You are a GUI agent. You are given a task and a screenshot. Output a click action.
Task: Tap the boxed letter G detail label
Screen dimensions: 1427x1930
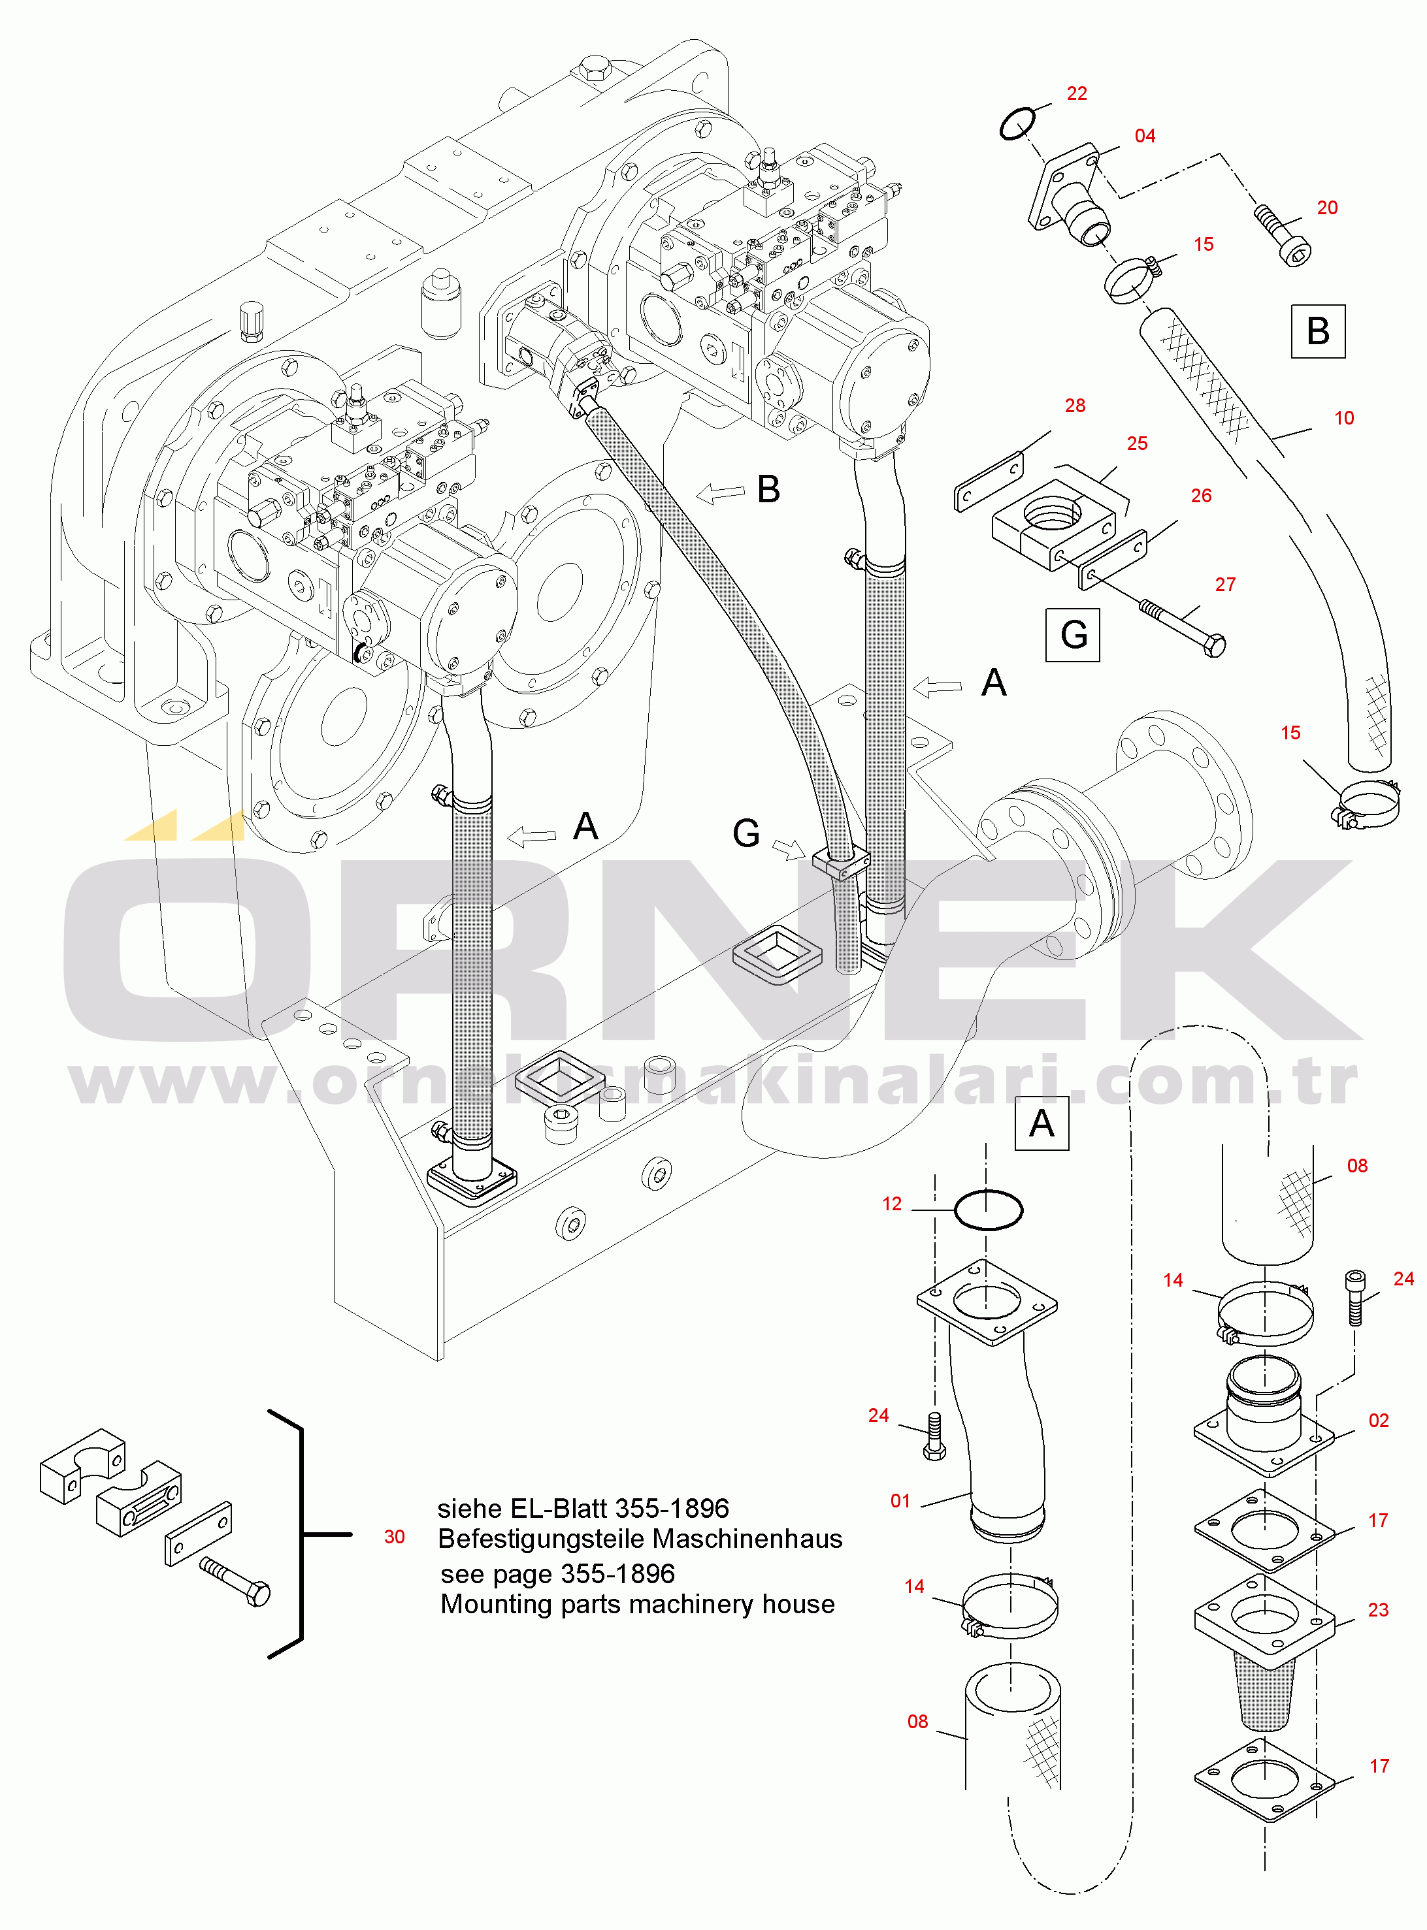point(1073,635)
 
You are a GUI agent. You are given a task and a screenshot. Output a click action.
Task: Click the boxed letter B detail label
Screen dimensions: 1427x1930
point(1318,330)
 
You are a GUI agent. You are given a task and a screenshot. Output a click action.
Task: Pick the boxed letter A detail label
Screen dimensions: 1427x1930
point(1042,1123)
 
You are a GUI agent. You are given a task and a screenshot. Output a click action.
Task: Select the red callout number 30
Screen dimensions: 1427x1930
point(394,1536)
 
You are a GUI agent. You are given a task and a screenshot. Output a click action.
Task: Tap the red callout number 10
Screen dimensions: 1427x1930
point(1344,418)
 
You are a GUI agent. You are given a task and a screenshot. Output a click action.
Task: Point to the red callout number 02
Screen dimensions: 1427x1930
point(1379,1421)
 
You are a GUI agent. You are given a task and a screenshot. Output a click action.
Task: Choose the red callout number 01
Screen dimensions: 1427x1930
point(900,1501)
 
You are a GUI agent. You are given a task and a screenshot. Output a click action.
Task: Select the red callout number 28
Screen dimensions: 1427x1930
point(1075,405)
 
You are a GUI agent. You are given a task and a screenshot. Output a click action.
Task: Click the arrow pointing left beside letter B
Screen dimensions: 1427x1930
point(721,493)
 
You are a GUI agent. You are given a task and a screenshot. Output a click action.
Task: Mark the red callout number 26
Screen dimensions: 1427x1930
point(1201,495)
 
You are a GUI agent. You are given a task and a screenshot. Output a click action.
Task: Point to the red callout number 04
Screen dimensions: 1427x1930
point(1145,136)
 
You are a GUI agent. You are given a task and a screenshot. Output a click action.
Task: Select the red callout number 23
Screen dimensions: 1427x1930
point(1378,1609)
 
